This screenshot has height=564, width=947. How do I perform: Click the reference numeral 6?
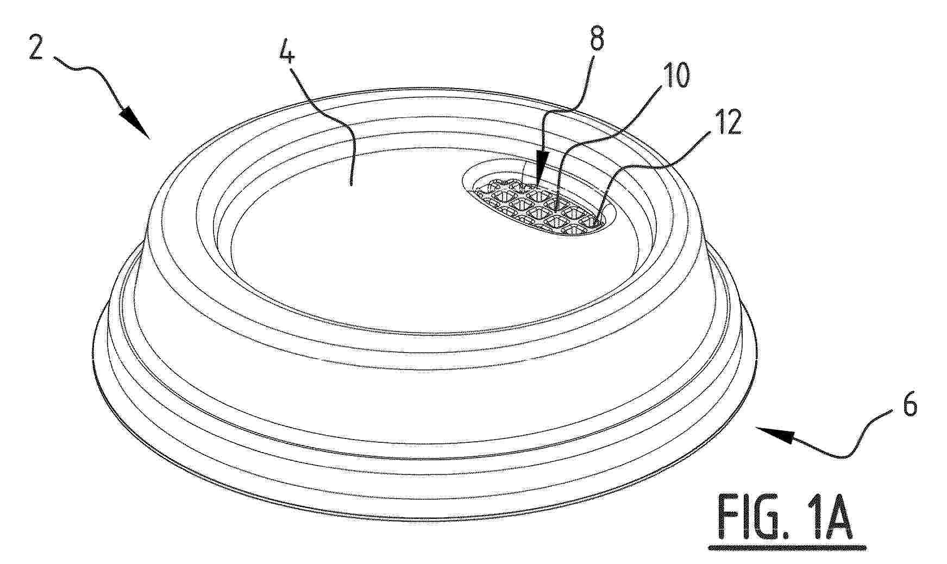click(x=906, y=406)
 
